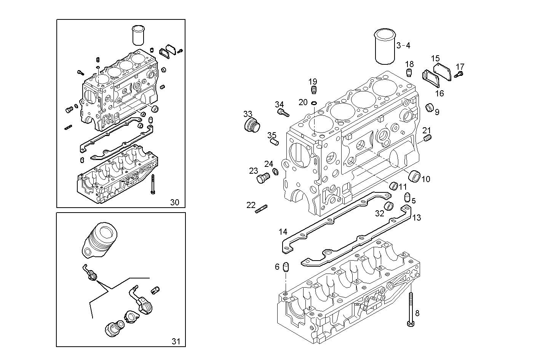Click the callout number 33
(x=248, y=114)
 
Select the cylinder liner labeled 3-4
(x=384, y=46)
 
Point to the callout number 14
(x=283, y=232)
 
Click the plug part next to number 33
(x=251, y=125)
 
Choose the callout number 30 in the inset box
(x=174, y=202)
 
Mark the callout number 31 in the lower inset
(x=176, y=341)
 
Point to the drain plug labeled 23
(x=264, y=178)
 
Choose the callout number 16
(x=439, y=93)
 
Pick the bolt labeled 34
(x=283, y=112)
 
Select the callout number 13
(x=417, y=218)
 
